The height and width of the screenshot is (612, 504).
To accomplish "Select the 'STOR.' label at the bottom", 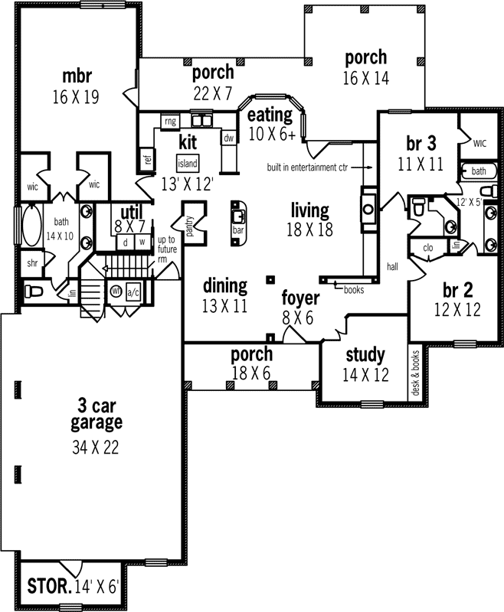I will point(49,588).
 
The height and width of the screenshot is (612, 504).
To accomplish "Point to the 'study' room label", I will point(365,355).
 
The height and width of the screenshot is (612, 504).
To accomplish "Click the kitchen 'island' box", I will point(188,164).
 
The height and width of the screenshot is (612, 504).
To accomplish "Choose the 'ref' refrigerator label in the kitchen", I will point(147,160).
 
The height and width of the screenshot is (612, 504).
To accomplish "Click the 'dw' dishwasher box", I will point(228,138).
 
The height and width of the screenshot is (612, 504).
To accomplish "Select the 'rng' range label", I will point(169,121).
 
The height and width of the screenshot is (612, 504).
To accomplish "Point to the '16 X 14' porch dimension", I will point(365,76).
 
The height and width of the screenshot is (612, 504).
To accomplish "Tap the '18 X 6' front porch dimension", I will point(251,372).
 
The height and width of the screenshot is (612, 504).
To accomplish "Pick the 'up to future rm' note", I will point(167,249).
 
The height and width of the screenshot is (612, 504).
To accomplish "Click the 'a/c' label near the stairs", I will point(133,291).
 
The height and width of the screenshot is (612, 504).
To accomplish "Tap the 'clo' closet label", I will point(427,247).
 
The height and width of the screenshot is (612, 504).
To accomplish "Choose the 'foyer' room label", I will point(295,298).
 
